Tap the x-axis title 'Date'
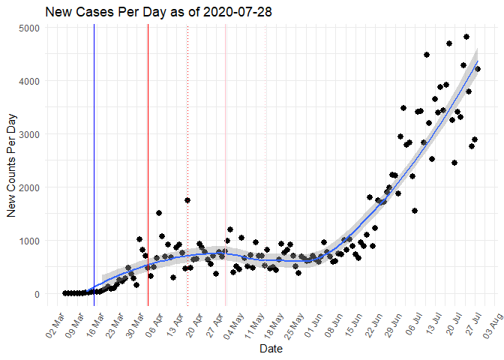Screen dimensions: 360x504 point(270,349)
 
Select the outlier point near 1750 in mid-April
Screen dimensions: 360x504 point(187,200)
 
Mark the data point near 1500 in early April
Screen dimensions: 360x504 point(159,213)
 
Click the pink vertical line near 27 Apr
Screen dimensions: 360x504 point(226,187)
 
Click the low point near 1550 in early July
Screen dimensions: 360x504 point(415,211)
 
